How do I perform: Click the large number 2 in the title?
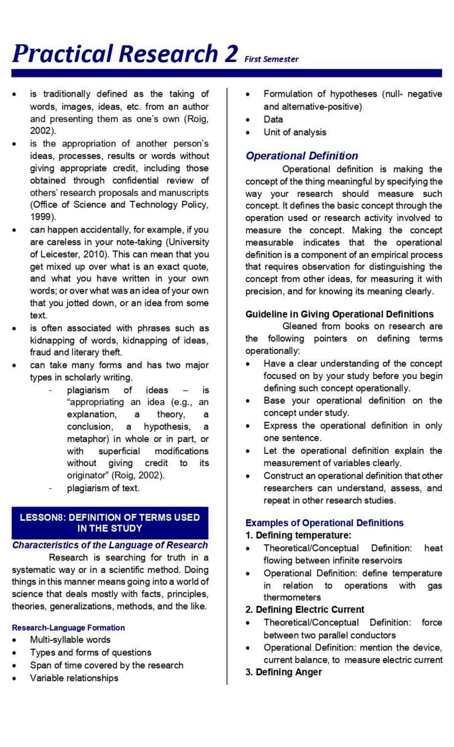(x=231, y=54)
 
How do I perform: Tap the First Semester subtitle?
(x=271, y=59)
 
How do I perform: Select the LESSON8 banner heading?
(x=110, y=523)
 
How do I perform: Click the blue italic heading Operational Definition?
(x=302, y=156)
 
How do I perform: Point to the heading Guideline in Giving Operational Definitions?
(x=339, y=314)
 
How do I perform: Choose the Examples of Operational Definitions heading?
(x=324, y=523)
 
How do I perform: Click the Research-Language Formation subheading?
(x=68, y=627)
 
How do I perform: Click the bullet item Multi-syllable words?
(x=70, y=640)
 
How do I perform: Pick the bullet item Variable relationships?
(x=74, y=678)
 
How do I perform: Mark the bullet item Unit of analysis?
(x=295, y=132)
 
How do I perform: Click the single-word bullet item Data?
(x=273, y=119)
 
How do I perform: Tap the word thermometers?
(x=292, y=597)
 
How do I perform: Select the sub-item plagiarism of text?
(x=103, y=488)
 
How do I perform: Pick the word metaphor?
(x=87, y=439)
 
